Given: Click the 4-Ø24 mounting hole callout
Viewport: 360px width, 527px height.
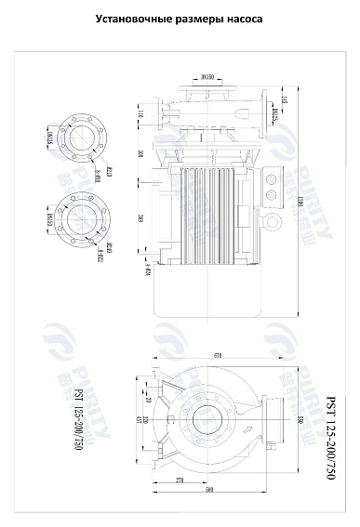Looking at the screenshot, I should pos(148,271).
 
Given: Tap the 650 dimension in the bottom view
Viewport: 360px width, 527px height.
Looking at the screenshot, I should pos(300,422).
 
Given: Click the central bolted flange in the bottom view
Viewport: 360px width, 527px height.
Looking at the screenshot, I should pos(204,422).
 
